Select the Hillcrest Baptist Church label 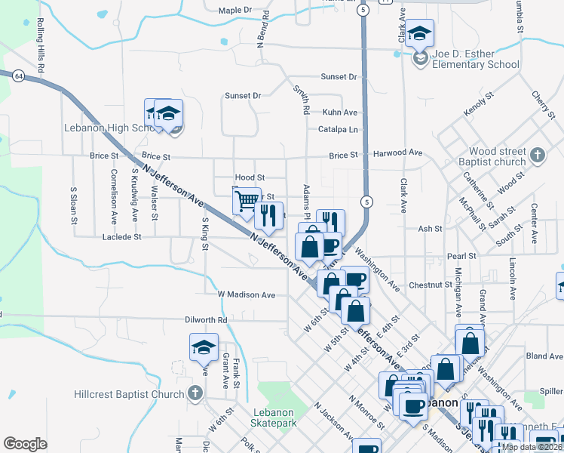129,394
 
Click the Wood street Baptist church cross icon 537,156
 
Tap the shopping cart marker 246,202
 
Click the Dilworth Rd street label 206,320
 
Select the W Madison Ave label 246,294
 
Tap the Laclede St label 122,237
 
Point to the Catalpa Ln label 337,129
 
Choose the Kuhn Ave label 339,112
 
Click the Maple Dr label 234,11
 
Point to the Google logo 25,444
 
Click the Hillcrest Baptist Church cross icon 195,393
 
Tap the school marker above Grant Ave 204,349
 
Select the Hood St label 250,177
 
